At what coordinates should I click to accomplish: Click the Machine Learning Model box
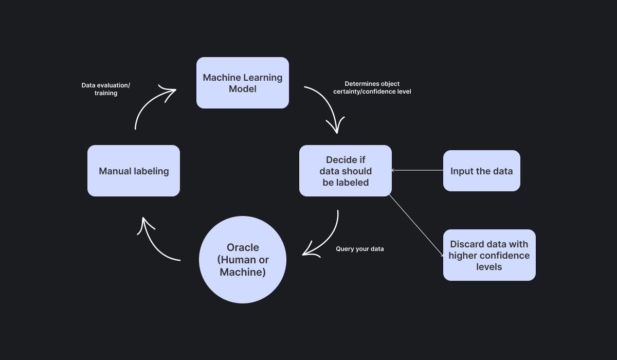point(242,83)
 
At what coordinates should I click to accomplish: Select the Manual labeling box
point(134,171)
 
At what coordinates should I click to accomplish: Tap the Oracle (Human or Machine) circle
point(242,260)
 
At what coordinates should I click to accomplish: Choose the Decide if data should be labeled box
point(345,171)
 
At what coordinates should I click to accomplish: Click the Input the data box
point(481,171)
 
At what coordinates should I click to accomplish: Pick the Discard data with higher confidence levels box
point(489,255)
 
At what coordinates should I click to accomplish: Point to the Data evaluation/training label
point(105,89)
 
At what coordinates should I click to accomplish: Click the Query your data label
point(359,249)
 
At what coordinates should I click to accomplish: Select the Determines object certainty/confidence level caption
point(372,87)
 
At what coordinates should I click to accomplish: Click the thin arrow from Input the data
point(417,170)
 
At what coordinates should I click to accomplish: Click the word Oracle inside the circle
point(243,247)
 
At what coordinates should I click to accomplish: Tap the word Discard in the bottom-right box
point(466,244)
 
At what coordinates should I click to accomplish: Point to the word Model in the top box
point(242,89)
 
